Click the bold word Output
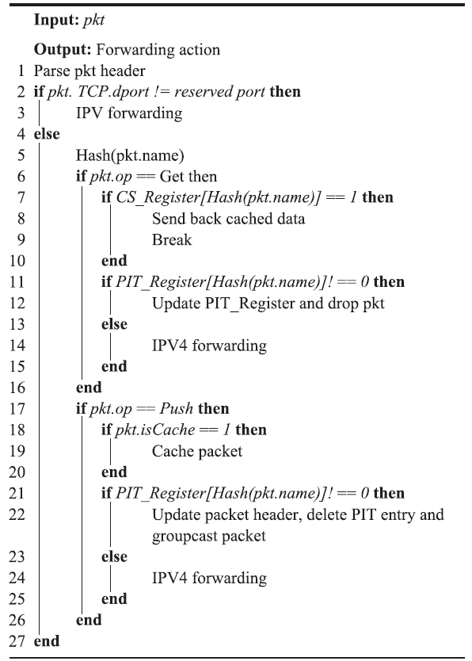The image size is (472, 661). click(63, 50)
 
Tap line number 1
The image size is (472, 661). click(21, 71)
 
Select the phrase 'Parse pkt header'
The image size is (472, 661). click(89, 71)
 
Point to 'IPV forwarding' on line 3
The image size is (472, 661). click(129, 113)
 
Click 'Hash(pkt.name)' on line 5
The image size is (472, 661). click(130, 155)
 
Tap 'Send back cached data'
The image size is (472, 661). click(229, 219)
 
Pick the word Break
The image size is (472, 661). click(172, 240)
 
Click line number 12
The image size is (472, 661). click(17, 303)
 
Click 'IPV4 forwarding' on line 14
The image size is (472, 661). click(209, 346)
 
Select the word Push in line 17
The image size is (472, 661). click(177, 408)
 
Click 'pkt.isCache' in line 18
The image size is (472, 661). click(155, 430)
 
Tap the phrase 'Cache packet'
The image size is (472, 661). click(197, 451)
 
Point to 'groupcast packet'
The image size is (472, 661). click(209, 537)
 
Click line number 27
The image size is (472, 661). click(17, 641)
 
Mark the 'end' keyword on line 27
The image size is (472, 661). click(47, 641)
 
